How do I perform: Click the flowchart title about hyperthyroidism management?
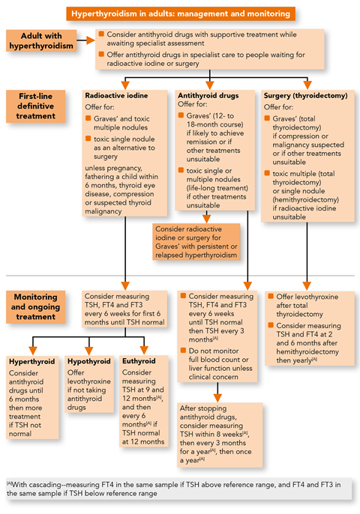(x=181, y=13)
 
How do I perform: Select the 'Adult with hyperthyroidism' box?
(x=41, y=40)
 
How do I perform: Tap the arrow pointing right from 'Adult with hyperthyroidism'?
(x=86, y=40)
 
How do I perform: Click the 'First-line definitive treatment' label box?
(x=36, y=106)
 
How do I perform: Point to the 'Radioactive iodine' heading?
(x=116, y=96)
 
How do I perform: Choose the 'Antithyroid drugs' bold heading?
(x=208, y=96)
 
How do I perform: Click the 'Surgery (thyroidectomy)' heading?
(x=305, y=96)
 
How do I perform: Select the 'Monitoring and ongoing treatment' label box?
(x=36, y=307)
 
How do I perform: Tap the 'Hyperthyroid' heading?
(x=31, y=362)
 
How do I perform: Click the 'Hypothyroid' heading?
(x=89, y=361)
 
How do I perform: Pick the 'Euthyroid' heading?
(x=139, y=361)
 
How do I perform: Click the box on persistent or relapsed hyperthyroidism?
(x=196, y=242)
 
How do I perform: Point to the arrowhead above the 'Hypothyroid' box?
(x=89, y=351)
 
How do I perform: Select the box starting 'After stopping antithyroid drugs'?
(x=220, y=435)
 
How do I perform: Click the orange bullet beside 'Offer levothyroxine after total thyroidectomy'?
(x=271, y=297)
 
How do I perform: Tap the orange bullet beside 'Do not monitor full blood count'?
(x=183, y=351)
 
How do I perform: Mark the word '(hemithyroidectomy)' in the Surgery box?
(x=305, y=199)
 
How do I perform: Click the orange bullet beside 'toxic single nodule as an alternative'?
(x=88, y=139)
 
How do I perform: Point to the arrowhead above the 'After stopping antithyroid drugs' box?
(x=217, y=398)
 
